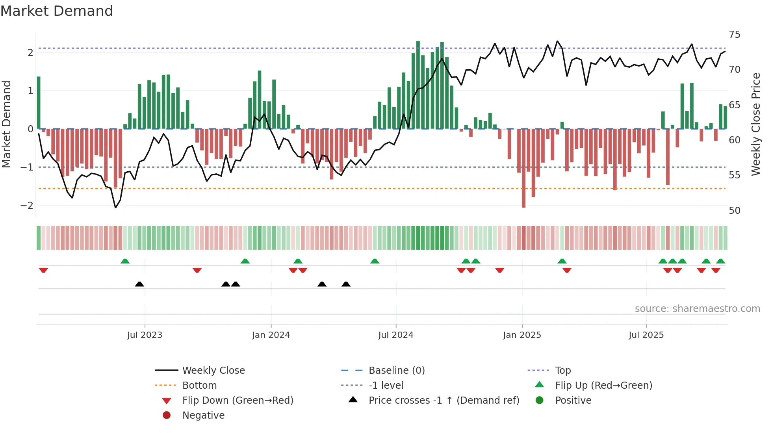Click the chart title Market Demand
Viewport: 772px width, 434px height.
coord(57,11)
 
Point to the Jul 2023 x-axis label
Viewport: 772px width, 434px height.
coord(145,335)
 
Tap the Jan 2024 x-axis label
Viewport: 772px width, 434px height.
coord(271,335)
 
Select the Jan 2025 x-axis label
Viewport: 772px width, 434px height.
coord(522,335)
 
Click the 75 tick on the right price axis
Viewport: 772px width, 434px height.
coord(734,35)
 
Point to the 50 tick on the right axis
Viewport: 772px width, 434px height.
coord(734,210)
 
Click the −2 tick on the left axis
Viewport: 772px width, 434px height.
coord(27,205)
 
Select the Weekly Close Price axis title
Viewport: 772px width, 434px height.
coord(755,124)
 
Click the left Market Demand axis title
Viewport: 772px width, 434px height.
coord(6,124)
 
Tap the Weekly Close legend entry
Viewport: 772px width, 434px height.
coord(213,370)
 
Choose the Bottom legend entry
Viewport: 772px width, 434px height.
coord(199,385)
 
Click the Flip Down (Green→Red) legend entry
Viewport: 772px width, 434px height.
coord(238,400)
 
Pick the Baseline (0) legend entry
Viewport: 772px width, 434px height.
coord(396,370)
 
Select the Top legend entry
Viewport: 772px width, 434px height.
coord(562,370)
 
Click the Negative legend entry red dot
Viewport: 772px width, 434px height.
coord(167,415)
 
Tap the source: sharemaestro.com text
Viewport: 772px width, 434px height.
coord(697,308)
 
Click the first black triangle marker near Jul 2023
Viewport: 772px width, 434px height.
coord(139,284)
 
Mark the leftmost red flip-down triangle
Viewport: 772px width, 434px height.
coord(43,270)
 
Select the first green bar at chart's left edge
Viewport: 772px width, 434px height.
coord(39,102)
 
